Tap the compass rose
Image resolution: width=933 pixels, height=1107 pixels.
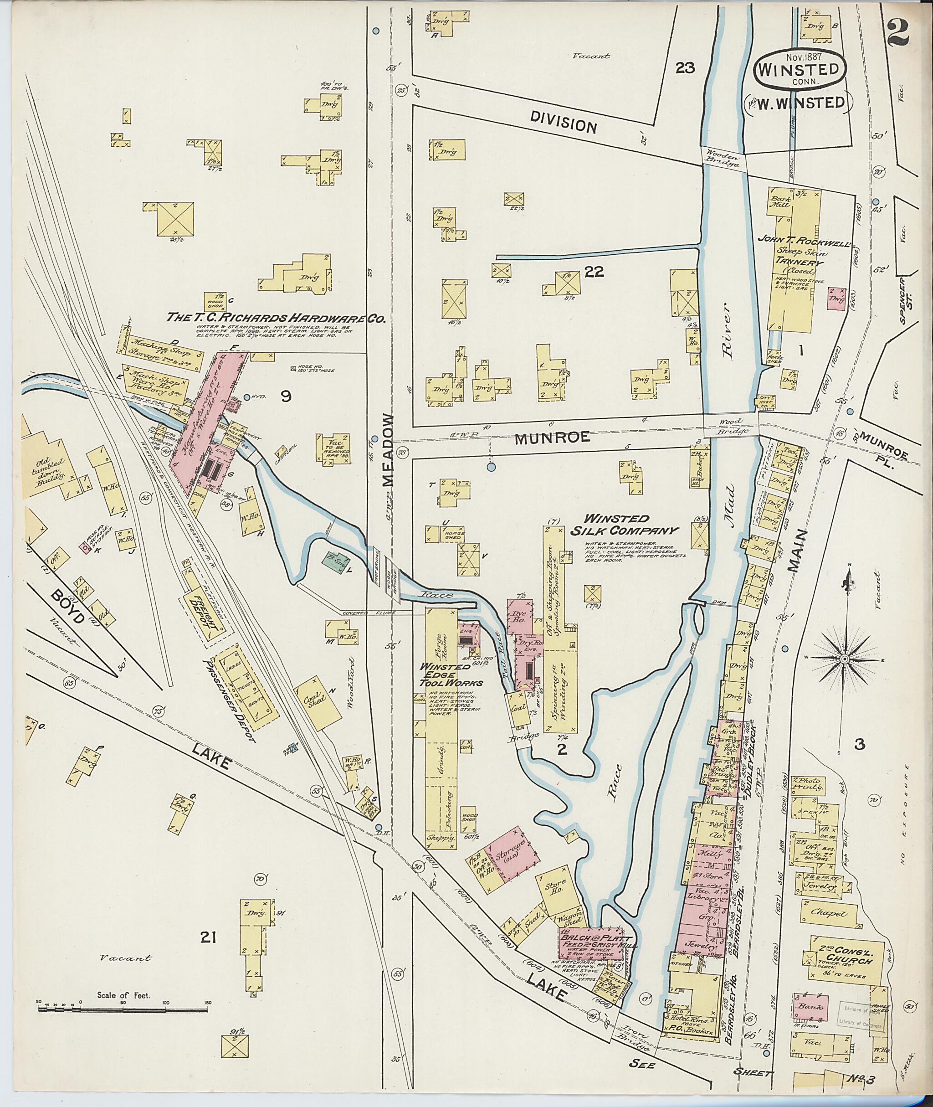click(844, 658)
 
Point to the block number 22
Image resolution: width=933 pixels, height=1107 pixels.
click(594, 272)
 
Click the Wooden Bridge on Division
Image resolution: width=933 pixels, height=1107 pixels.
click(724, 158)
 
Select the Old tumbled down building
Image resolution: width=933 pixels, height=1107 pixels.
click(50, 466)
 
